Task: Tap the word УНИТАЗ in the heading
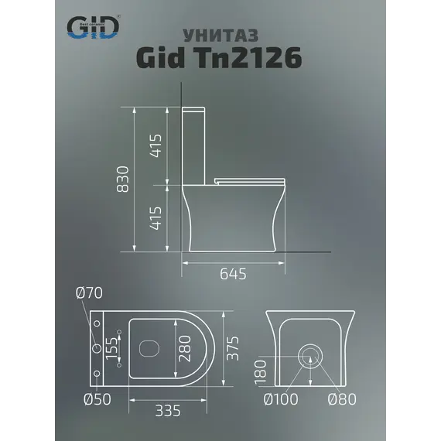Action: [220, 36]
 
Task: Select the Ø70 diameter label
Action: [89, 294]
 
